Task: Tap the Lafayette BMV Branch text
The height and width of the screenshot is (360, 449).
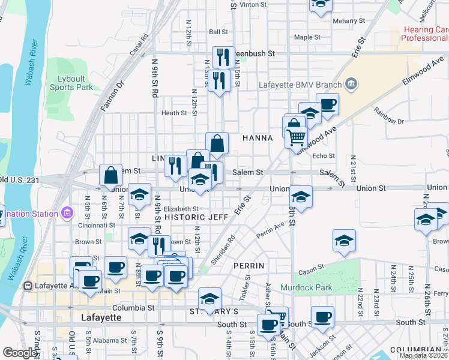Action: point(301,85)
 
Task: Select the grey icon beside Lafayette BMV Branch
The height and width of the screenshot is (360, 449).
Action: point(352,83)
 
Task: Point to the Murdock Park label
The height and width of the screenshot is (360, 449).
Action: point(306,288)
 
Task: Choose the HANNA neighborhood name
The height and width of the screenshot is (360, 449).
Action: point(258,138)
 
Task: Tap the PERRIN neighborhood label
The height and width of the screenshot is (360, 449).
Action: point(249,265)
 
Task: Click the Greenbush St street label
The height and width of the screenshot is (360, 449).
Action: point(255,53)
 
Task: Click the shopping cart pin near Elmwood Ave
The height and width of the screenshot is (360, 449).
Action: point(297,137)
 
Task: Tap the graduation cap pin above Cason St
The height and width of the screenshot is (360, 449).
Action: point(345,240)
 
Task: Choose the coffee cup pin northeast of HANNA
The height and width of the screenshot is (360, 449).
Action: point(327,104)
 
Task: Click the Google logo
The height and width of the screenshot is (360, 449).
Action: point(19,353)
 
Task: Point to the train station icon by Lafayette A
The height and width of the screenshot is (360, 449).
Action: point(28,286)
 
